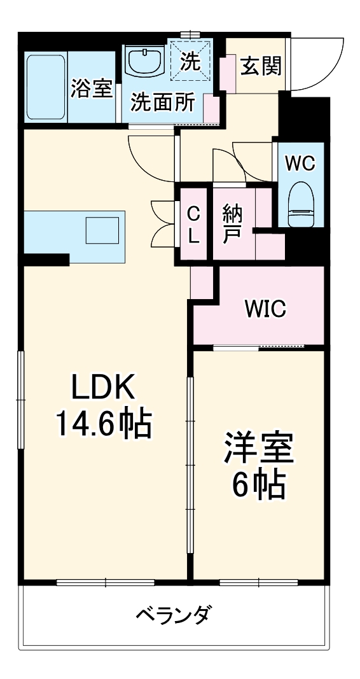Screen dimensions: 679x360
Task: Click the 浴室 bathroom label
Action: tap(92, 90)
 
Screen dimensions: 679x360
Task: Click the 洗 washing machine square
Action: tap(190, 60)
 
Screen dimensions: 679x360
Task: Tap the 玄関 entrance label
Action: tap(261, 65)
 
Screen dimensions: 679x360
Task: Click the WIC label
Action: tap(266, 309)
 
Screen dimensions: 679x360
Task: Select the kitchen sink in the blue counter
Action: tap(102, 230)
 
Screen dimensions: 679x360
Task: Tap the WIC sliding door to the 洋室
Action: tap(259, 347)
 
